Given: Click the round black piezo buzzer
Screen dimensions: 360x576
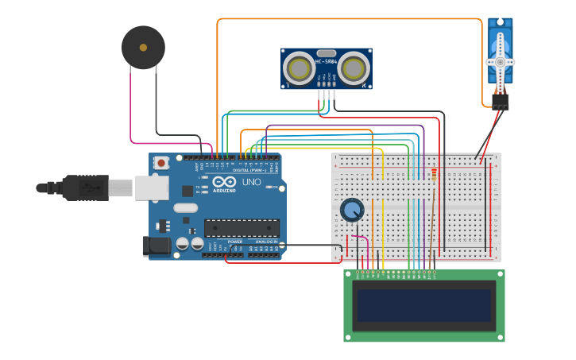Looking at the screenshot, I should coord(143,48).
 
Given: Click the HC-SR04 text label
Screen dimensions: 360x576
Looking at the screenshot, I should coord(326,61).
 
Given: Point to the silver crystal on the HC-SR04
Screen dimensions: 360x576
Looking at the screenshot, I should coord(326,53).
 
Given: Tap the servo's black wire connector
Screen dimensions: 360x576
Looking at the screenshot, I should coord(500,102).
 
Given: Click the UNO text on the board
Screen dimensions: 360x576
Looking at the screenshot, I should coord(251,182).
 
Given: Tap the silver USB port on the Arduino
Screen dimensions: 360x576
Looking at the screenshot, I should coord(152,188).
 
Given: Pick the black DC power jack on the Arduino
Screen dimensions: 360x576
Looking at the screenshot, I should coord(157,246).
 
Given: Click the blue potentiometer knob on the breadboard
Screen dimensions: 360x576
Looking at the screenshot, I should coord(351,210).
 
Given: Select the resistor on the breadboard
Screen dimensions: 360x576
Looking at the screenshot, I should coord(434,174).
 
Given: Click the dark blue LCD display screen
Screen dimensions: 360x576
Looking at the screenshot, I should coord(423,305).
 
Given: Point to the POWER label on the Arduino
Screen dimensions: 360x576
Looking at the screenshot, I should coord(235,242).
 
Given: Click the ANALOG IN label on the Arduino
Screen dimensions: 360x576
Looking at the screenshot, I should coord(267,242).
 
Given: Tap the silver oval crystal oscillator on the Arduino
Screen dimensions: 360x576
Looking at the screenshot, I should coord(185,208).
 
